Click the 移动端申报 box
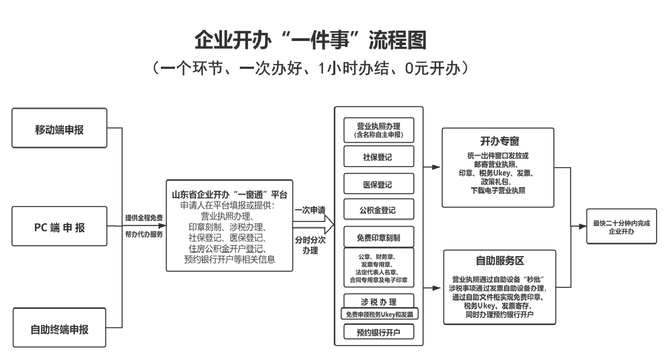tap(59, 129)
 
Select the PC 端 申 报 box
tap(59, 227)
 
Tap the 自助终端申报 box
tap(59, 328)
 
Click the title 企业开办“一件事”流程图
tap(310, 40)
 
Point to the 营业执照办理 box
tap(379, 130)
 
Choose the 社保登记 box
tap(379, 157)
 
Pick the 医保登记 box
tap(379, 184)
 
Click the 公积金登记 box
tap(379, 210)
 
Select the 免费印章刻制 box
tap(379, 238)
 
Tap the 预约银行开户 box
tap(379, 331)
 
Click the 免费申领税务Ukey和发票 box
tap(379, 314)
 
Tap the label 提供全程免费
tap(144, 218)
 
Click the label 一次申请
tap(310, 210)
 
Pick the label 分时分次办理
tap(310, 245)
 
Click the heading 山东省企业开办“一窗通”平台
tap(229, 195)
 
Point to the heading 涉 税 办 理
tap(379, 301)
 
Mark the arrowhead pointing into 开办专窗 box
tap(437, 168)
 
